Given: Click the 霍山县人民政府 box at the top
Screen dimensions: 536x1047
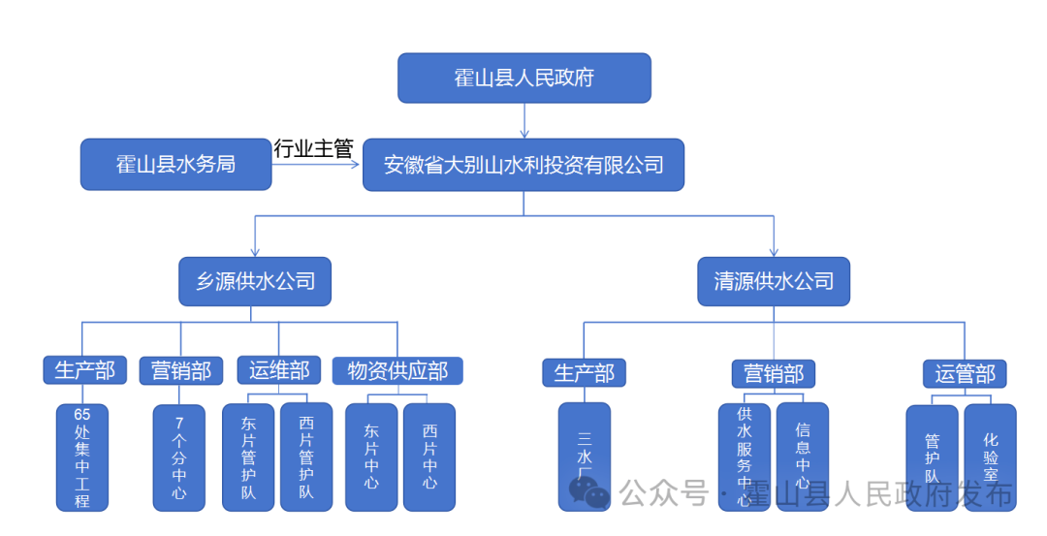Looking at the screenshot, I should pyautogui.click(x=523, y=78).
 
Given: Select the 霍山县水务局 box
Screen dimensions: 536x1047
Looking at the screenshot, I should pyautogui.click(x=175, y=165).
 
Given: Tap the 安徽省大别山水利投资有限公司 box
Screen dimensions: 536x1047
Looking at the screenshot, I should pyautogui.click(x=523, y=165).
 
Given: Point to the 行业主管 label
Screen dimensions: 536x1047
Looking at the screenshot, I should pyautogui.click(x=313, y=148).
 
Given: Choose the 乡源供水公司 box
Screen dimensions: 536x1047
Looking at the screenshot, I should pyautogui.click(x=255, y=281).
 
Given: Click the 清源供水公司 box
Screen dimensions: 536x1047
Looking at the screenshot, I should pyautogui.click(x=774, y=281).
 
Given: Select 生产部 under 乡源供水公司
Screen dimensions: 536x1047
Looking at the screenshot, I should pyautogui.click(x=84, y=369).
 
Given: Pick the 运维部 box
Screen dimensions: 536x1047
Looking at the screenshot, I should pyautogui.click(x=278, y=369).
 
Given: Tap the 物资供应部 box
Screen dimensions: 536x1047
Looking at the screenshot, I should pyautogui.click(x=397, y=370).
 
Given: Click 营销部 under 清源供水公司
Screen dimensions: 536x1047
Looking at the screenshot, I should pyautogui.click(x=773, y=373).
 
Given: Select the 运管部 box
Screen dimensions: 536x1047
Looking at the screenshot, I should pyautogui.click(x=965, y=373).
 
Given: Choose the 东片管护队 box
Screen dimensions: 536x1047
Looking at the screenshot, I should pyautogui.click(x=249, y=457).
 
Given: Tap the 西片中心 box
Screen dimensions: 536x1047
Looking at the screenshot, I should pyautogui.click(x=429, y=457).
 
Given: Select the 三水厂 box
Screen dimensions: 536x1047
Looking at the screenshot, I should pyautogui.click(x=585, y=457).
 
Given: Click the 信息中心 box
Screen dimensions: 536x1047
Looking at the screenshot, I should pyautogui.click(x=803, y=457).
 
